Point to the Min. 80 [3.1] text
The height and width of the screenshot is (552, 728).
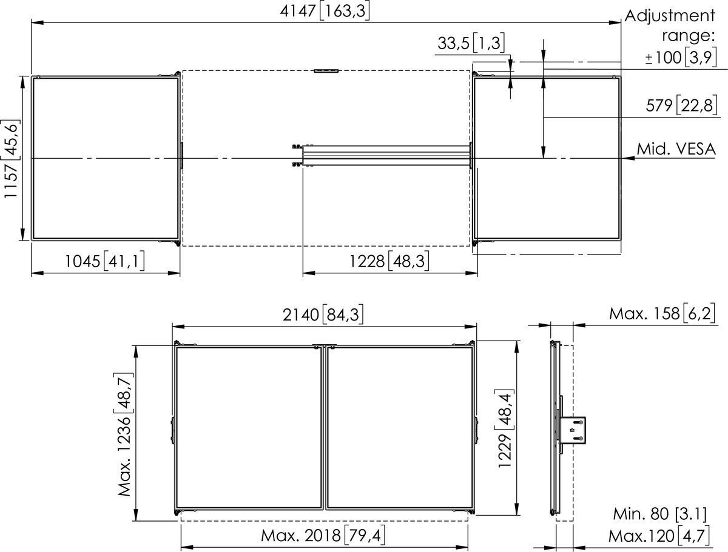pyautogui.click(x=659, y=514)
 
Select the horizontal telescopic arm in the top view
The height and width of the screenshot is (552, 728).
pyautogui.click(x=385, y=155)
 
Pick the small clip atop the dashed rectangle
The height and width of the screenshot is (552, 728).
pyautogui.click(x=326, y=71)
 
